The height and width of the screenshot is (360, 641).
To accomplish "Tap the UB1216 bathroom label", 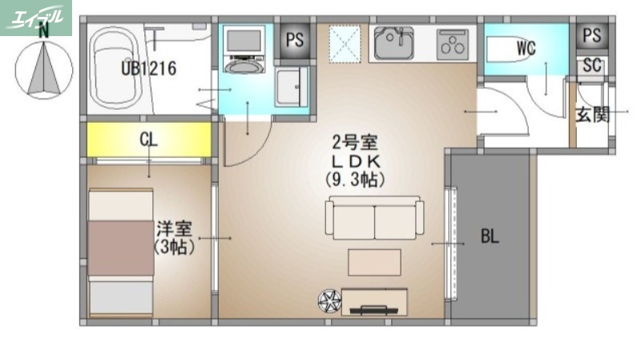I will (148, 68).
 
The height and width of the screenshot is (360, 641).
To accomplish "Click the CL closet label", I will (148, 140).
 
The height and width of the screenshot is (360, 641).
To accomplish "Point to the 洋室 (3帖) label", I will (174, 238).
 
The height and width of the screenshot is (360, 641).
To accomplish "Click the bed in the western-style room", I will (120, 253).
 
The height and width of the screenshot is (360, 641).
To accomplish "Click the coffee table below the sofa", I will (374, 262).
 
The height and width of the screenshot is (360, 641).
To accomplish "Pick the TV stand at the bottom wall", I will (374, 301).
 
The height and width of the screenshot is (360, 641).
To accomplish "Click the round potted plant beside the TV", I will (329, 301).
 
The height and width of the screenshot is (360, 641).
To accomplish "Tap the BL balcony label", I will (490, 237).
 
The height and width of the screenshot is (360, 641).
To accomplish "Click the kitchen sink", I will (393, 43).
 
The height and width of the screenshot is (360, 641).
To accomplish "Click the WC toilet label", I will (526, 49).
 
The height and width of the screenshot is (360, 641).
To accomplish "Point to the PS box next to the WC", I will (592, 36).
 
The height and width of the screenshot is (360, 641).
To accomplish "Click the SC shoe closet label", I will (592, 66).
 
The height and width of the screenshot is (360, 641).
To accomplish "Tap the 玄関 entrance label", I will (593, 115).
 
